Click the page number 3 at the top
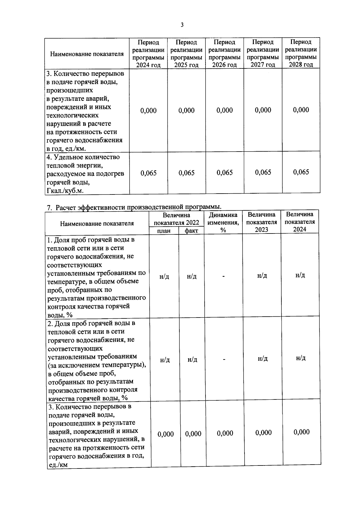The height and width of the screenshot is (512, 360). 182,25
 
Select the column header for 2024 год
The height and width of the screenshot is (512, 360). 148,53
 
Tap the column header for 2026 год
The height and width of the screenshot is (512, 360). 224,53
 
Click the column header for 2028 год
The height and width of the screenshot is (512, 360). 301,53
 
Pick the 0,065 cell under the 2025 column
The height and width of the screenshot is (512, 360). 186,173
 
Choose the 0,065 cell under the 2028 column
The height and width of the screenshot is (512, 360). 301,172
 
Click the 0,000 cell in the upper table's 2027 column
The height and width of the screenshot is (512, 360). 263,110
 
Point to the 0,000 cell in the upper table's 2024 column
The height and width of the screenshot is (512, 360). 148,111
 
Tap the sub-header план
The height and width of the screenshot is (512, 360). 164,231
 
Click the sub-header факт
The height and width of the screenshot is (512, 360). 191,231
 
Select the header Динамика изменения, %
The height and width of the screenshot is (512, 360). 223,222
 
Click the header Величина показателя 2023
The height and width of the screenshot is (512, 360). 261,222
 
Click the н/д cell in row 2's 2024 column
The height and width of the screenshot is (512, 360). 301,358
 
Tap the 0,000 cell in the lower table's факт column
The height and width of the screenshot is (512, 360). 193,434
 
